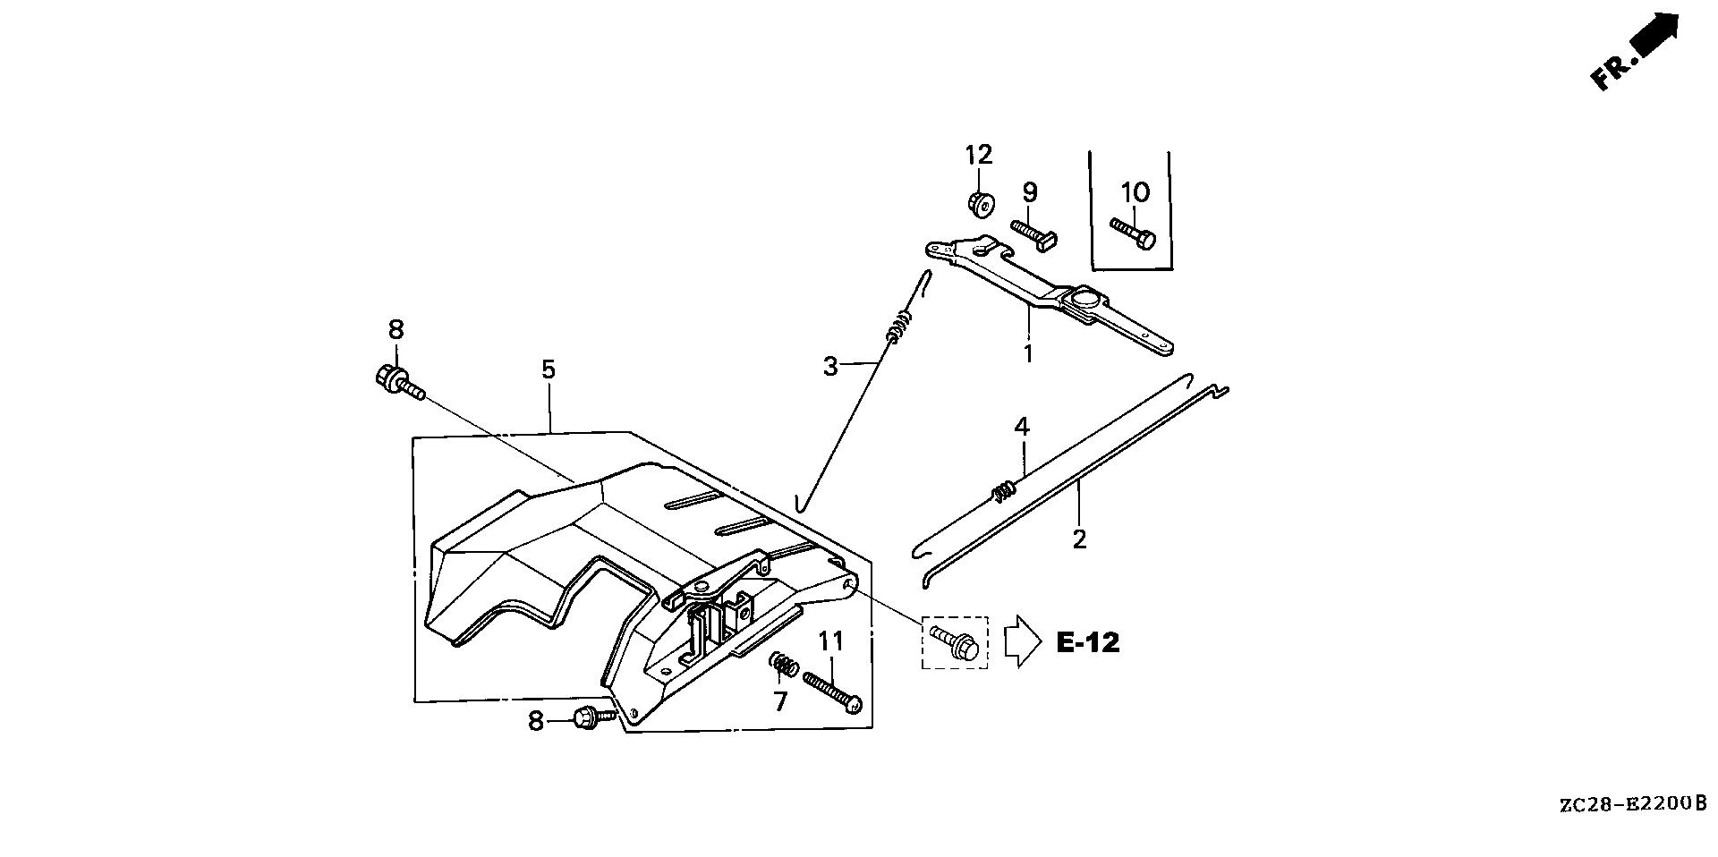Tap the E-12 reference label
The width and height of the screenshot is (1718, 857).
pos(1087,642)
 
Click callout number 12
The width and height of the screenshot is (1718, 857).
pos(979,155)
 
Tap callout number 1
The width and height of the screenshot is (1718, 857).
pos(1028,353)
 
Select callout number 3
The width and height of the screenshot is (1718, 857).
pos(831,366)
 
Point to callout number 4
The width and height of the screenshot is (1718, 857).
pos(1022,426)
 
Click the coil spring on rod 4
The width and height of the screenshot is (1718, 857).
pos(1004,489)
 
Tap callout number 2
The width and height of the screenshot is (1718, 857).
pos(1079,539)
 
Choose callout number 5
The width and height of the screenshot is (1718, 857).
pos(549,369)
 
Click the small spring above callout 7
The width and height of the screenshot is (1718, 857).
pos(784,666)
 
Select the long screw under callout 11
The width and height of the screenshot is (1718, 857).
pos(832,692)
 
